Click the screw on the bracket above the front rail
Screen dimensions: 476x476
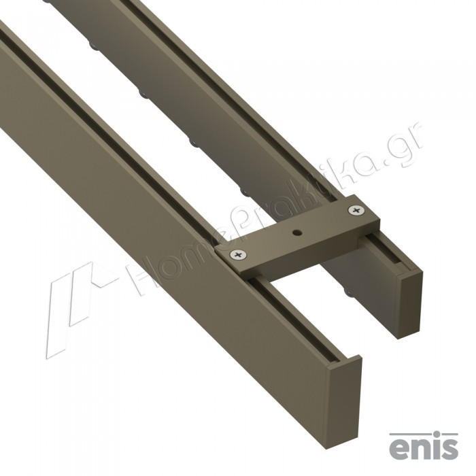(x=238, y=255)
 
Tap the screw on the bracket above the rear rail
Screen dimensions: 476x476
(x=357, y=210)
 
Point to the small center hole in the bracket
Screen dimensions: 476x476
(x=296, y=233)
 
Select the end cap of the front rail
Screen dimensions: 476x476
(x=345, y=402)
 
